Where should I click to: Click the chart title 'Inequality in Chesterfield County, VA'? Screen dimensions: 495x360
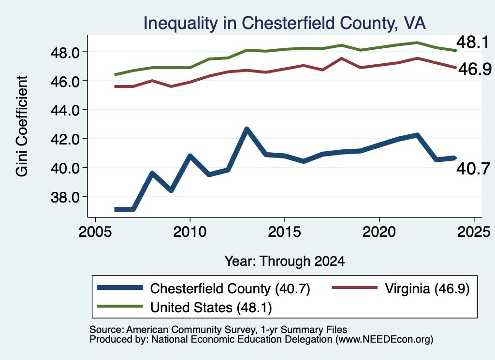[x=284, y=23]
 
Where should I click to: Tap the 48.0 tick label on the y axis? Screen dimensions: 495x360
[x=65, y=53]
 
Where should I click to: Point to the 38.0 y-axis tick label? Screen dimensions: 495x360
[x=65, y=197]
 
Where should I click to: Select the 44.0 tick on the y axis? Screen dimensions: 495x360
[x=65, y=111]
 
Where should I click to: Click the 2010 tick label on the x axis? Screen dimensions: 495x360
[x=189, y=232]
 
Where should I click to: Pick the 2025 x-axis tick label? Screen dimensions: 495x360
[x=474, y=232]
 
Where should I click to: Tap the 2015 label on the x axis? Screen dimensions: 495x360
[x=284, y=232]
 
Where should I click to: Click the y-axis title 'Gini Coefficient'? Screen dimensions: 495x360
[x=22, y=126]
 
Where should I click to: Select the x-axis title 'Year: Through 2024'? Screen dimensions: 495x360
[x=284, y=261]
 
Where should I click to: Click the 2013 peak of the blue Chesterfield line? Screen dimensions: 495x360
[x=247, y=129]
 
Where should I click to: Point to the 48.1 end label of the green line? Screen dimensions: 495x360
[x=473, y=42]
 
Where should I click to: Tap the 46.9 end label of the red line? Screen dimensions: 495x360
[x=475, y=69]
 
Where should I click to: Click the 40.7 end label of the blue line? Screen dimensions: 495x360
[x=473, y=169]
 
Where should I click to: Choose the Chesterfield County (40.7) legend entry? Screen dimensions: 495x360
[x=204, y=288]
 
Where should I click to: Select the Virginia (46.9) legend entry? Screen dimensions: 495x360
[x=401, y=288]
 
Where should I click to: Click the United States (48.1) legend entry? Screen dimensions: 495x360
[x=184, y=307]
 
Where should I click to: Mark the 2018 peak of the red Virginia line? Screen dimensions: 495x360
[x=342, y=58]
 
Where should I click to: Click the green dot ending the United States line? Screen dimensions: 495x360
[x=455, y=50]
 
